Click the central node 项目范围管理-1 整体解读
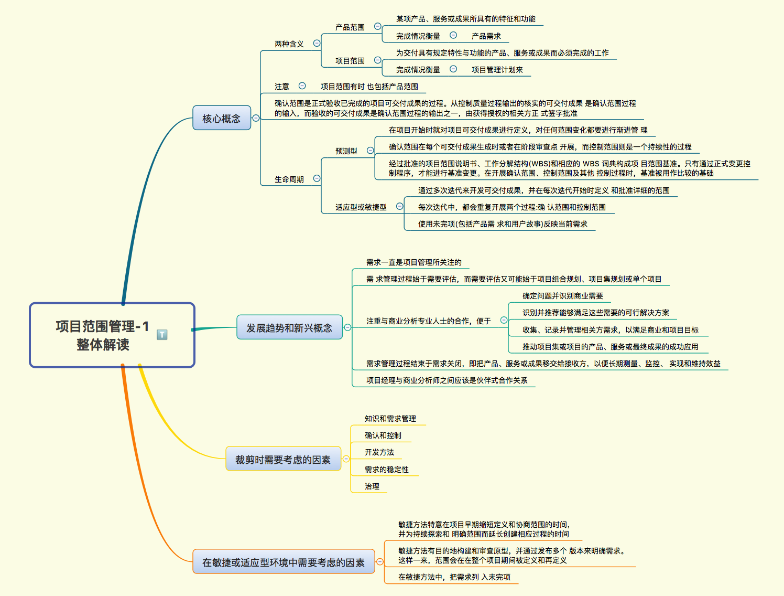click(102, 335)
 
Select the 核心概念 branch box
click(221, 118)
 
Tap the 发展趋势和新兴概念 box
click(289, 327)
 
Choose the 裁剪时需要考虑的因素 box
click(283, 459)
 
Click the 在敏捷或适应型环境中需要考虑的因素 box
click(283, 562)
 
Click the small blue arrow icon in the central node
click(162, 334)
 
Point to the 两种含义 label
click(289, 44)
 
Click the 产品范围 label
click(350, 27)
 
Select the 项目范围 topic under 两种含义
click(350, 61)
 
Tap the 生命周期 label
click(289, 179)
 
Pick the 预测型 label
click(346, 151)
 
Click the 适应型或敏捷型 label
click(361, 207)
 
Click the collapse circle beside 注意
click(302, 86)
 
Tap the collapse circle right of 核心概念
click(256, 118)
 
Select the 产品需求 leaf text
click(486, 36)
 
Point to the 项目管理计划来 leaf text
click(497, 70)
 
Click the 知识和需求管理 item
click(390, 419)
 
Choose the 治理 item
click(372, 486)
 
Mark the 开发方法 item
click(379, 452)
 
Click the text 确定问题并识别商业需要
click(563, 296)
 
